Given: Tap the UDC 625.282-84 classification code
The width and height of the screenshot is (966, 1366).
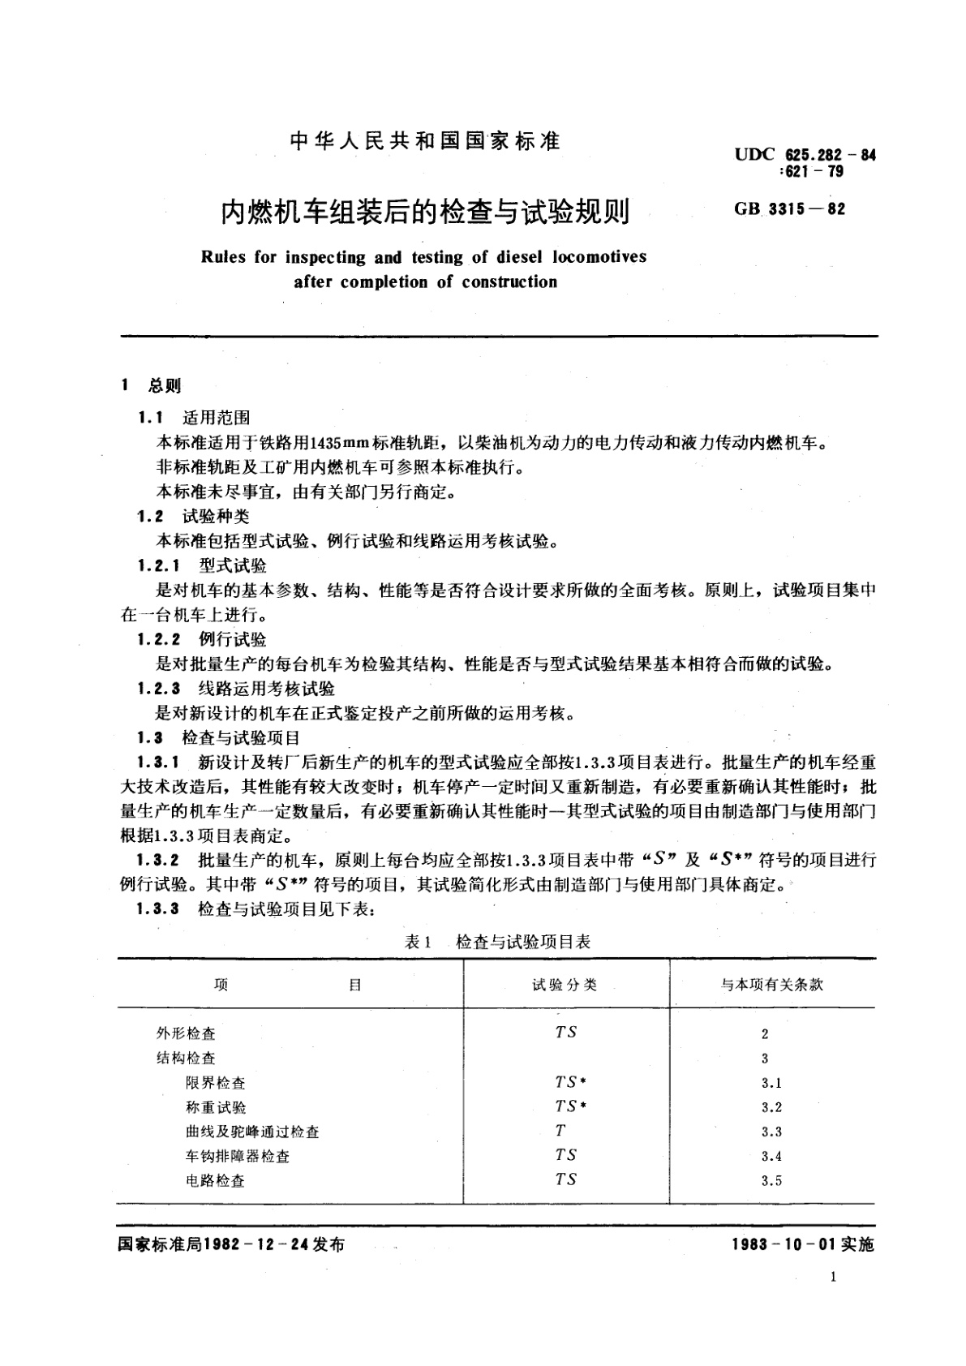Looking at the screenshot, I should (805, 155).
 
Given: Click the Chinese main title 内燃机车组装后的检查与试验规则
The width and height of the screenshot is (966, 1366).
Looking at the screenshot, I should (425, 213).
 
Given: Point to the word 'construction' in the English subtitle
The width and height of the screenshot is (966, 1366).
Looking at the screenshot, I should (509, 282).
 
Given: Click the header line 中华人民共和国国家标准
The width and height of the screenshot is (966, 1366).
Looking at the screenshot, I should (425, 142).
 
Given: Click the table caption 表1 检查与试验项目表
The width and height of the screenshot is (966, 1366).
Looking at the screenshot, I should (497, 942).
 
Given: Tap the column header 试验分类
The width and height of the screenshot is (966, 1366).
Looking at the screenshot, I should (565, 985).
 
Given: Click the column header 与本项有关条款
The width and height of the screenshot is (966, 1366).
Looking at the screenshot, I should (772, 985).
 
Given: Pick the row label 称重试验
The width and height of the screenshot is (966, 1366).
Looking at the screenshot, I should (216, 1107).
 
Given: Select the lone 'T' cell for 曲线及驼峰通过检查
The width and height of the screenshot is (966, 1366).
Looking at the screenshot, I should (560, 1131).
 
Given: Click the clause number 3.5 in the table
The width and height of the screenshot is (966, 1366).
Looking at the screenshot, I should (771, 1181).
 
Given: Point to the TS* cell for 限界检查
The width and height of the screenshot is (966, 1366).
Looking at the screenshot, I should (570, 1082).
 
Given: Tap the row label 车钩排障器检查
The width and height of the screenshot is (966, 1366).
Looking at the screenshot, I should (238, 1157).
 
